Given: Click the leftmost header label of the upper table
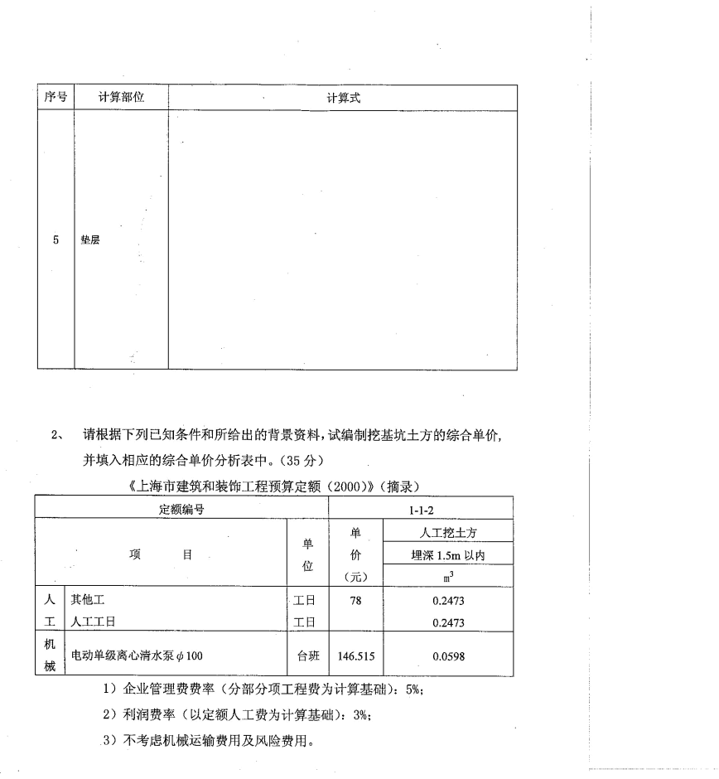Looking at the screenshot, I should click(53, 95).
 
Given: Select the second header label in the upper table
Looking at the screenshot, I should click(120, 95).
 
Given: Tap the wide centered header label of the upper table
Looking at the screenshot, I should click(340, 101).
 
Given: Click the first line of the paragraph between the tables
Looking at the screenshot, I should click(292, 434).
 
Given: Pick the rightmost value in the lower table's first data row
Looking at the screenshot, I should click(450, 598).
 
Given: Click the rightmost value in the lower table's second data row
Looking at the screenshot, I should click(450, 620).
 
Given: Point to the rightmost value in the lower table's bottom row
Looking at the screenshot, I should click(450, 656).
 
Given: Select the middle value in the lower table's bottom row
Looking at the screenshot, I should click(358, 656).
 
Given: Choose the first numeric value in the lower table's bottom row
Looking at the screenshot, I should click(309, 656).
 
